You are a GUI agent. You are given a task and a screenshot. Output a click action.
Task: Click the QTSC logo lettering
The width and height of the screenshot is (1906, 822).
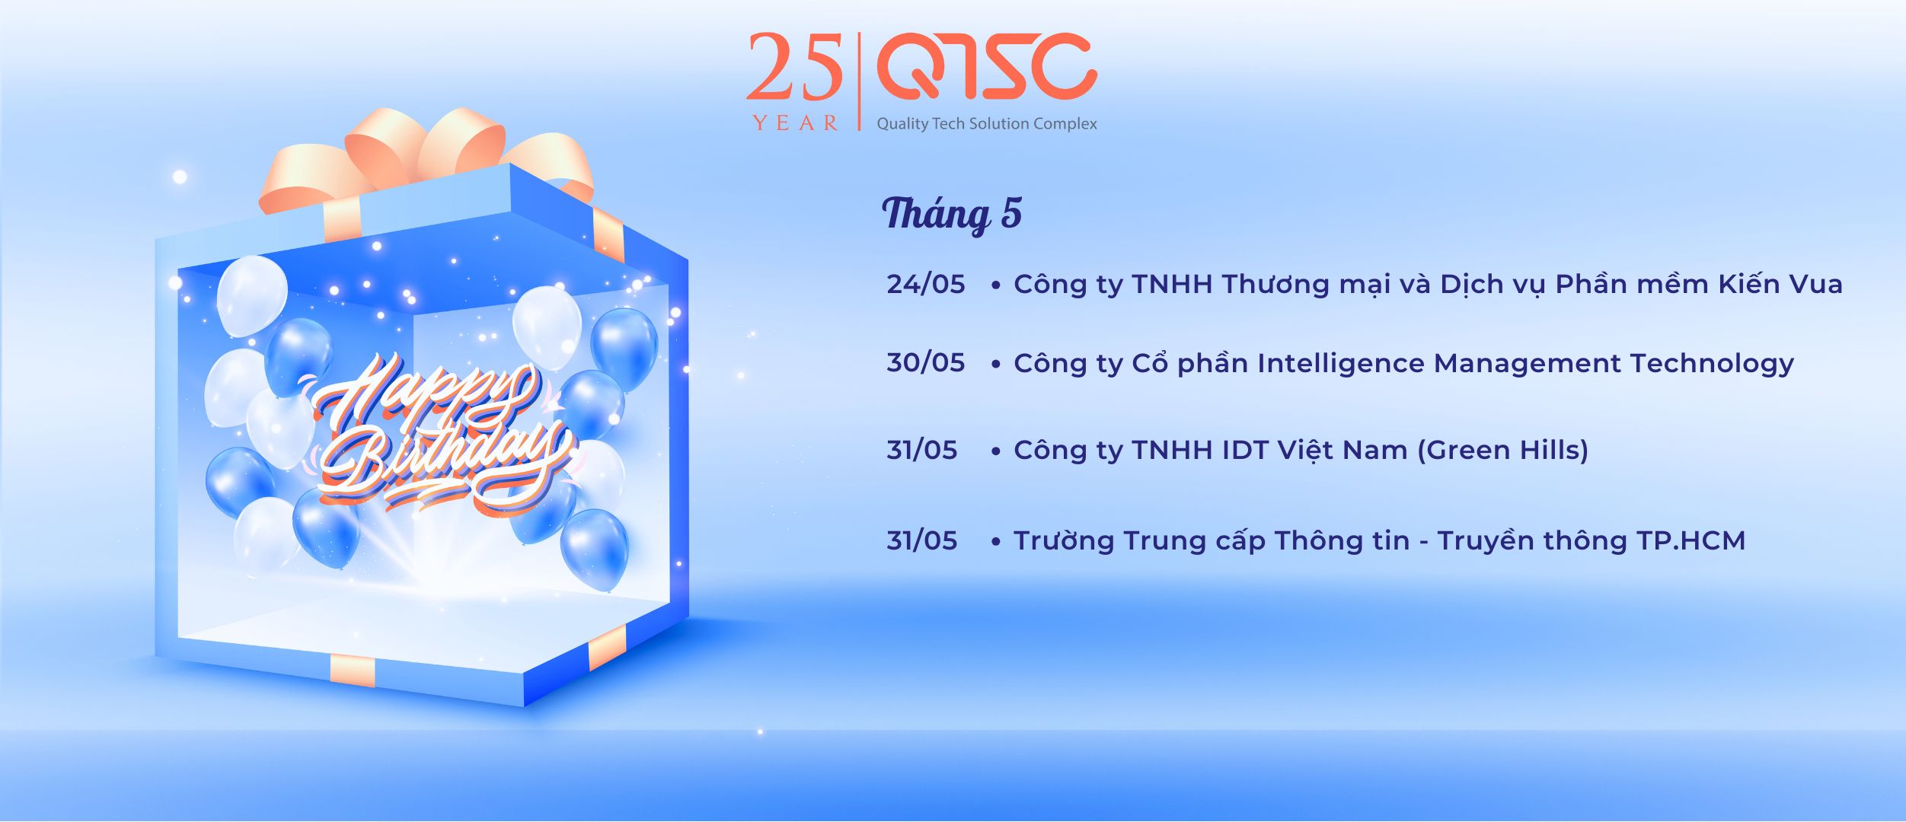(987, 67)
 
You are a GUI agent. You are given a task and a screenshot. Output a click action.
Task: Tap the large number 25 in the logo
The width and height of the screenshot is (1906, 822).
(795, 67)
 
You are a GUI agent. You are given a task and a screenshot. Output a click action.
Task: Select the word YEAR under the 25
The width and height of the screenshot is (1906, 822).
(796, 123)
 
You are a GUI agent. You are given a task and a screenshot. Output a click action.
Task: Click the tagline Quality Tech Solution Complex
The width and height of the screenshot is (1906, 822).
(987, 124)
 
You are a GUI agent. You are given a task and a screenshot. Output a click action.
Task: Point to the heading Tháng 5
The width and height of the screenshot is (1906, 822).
(952, 213)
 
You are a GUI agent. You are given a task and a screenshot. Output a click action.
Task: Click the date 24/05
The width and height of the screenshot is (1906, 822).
(926, 284)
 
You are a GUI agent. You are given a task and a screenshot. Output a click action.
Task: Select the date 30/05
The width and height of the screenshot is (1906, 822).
(926, 362)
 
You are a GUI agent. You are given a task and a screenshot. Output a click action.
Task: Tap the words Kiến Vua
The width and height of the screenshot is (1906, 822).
(1780, 283)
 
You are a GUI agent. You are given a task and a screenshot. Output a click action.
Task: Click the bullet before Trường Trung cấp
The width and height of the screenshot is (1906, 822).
(995, 541)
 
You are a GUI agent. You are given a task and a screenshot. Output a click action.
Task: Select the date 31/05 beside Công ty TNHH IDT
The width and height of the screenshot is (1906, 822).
(922, 450)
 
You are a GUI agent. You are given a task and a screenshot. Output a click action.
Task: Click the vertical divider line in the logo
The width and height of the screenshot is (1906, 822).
(860, 81)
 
